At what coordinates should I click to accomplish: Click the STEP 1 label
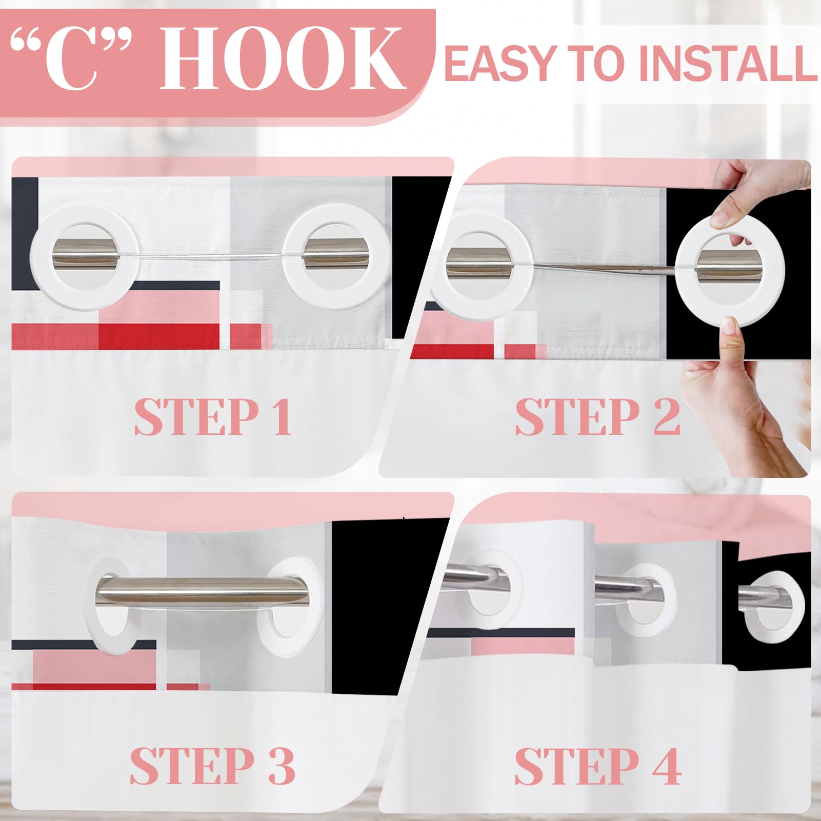point(213,417)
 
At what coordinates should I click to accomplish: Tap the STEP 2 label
point(597,417)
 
